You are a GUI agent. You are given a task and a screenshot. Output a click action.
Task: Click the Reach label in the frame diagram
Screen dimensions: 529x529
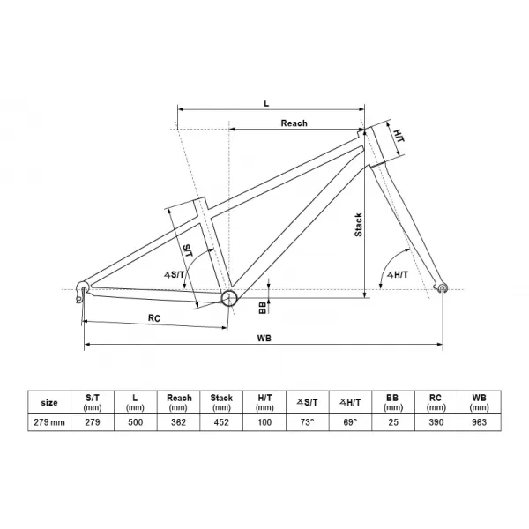[x=294, y=123]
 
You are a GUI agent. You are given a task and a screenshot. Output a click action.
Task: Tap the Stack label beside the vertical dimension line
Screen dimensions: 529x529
[x=358, y=225]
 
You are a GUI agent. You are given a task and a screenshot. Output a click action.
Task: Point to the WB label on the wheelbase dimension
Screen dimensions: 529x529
[x=264, y=338]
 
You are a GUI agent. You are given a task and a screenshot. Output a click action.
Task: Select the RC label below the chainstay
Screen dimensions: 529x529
[x=154, y=317]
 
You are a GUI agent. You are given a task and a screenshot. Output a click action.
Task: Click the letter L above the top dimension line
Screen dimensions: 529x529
[x=266, y=103]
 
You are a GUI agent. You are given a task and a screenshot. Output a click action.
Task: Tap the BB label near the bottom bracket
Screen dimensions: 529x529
[x=263, y=308]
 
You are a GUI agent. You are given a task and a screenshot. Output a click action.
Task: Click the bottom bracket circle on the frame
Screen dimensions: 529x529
[x=229, y=298]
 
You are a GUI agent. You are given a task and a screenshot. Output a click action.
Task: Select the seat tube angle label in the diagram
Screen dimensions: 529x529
[x=174, y=274]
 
